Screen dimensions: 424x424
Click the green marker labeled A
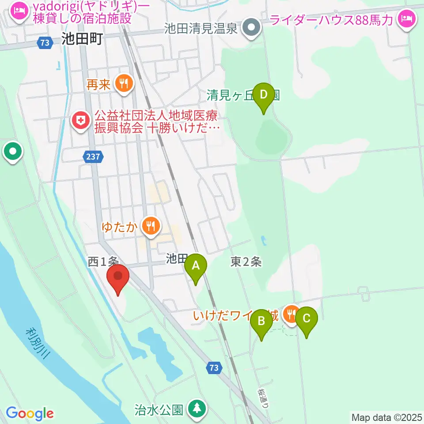click(x=196, y=266)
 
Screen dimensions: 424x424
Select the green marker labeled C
click(x=307, y=318)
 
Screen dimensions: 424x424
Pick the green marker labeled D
click(x=264, y=95)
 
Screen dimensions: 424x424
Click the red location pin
click(x=118, y=277)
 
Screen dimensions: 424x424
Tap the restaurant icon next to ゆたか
click(x=151, y=226)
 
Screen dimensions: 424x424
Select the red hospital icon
click(x=80, y=120)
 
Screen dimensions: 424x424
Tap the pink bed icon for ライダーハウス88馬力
click(x=405, y=19)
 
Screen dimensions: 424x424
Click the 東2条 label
click(x=246, y=262)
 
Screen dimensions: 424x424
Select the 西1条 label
click(x=102, y=262)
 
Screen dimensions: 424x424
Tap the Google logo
click(x=30, y=413)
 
